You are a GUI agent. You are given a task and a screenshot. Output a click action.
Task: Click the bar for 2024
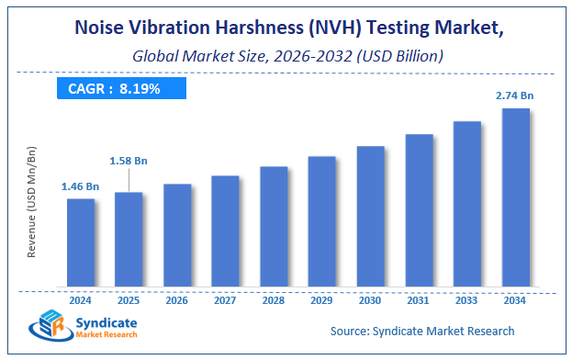[81, 242]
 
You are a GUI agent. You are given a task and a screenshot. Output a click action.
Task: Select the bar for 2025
[129, 238]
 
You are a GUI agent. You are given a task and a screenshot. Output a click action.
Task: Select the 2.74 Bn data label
[515, 96]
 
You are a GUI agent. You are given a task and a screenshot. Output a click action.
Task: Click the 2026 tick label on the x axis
[177, 299]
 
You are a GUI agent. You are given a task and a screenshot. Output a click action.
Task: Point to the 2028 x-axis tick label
[274, 299]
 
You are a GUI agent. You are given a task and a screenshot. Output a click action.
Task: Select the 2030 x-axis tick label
[370, 299]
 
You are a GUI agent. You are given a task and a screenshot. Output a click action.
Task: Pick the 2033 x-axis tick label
[466, 299]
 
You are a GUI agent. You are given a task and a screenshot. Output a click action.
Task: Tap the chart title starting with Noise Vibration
[286, 29]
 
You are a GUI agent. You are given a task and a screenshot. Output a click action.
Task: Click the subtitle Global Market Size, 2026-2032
[286, 56]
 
